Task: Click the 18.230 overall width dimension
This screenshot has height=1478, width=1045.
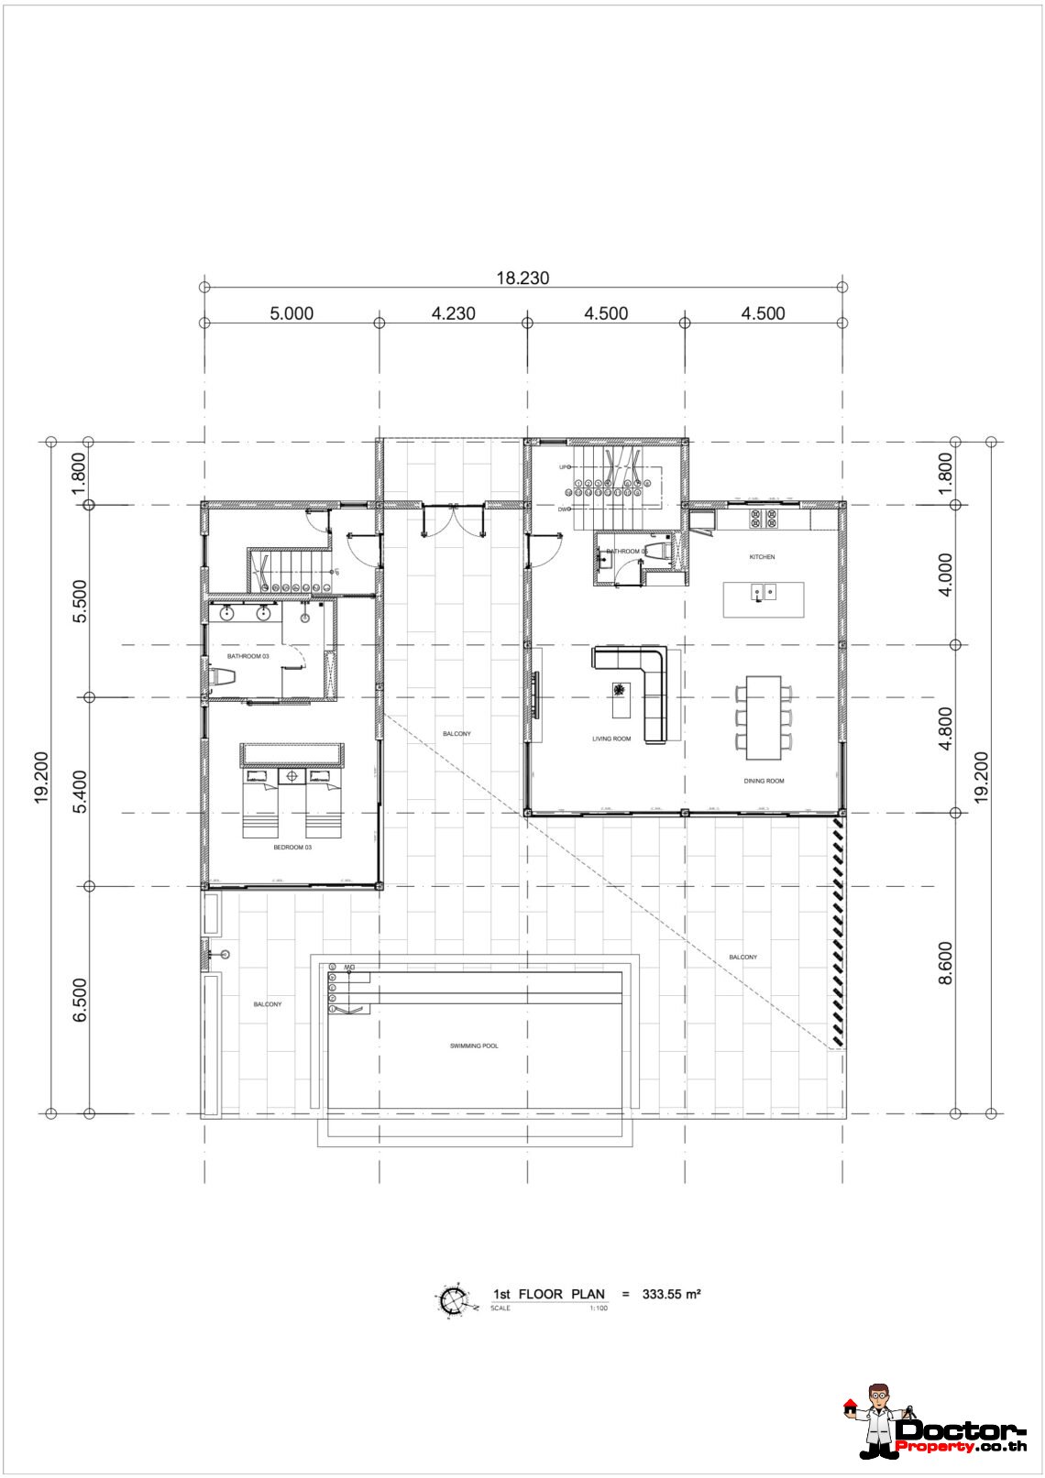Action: (x=522, y=279)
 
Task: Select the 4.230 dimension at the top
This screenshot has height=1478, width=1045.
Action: (x=453, y=313)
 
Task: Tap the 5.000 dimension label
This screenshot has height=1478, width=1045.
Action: (x=291, y=313)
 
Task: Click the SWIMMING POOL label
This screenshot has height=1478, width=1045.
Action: (x=474, y=1046)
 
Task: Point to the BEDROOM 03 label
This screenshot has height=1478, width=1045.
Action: (x=292, y=848)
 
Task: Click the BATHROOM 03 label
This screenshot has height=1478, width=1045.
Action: (x=247, y=657)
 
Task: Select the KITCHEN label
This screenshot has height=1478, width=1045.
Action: (x=762, y=557)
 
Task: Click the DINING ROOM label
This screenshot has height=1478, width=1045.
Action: (x=764, y=782)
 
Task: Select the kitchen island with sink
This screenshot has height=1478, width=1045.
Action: (x=764, y=599)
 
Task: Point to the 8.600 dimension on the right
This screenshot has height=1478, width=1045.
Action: (x=946, y=963)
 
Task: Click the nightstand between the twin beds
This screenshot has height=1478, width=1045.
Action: (x=292, y=777)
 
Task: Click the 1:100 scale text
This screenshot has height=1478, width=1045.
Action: (x=598, y=1308)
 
